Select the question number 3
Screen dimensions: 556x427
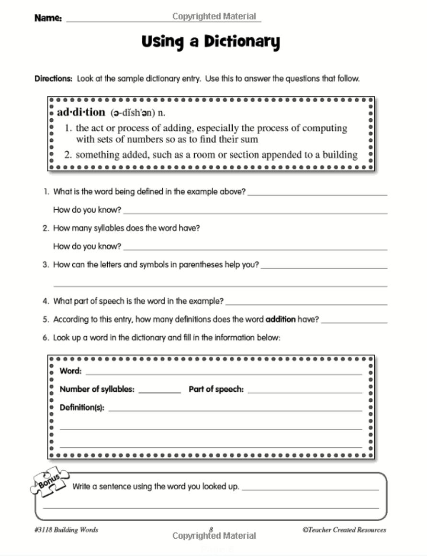(x=46, y=264)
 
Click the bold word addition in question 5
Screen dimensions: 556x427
(x=281, y=319)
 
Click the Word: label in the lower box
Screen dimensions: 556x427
(x=70, y=371)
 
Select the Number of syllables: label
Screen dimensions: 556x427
(x=97, y=389)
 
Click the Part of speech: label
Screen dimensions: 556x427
(x=216, y=389)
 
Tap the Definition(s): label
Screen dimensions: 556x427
(x=82, y=408)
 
